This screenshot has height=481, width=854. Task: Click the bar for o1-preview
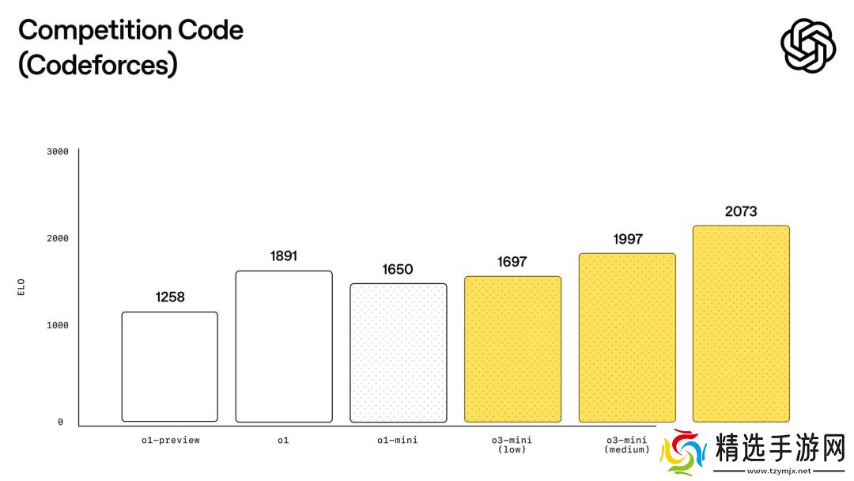(169, 366)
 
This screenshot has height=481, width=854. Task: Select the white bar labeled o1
(284, 347)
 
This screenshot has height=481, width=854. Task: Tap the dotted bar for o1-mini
(399, 353)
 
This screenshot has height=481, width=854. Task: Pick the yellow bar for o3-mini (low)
(512, 349)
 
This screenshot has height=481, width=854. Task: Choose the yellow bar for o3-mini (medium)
(627, 338)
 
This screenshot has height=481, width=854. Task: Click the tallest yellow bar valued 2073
(741, 324)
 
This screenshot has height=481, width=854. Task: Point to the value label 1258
(170, 297)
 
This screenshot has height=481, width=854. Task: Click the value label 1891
(284, 256)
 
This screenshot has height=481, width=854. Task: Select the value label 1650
(398, 270)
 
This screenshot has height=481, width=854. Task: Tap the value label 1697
(512, 262)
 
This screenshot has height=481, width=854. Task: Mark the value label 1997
(627, 239)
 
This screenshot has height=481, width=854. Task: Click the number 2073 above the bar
(741, 211)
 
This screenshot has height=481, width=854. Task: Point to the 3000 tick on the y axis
(58, 151)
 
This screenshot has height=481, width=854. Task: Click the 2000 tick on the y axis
(58, 238)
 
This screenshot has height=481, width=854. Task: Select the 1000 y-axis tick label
(58, 325)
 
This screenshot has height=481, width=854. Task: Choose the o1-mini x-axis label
(398, 440)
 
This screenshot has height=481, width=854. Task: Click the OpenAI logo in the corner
(807, 45)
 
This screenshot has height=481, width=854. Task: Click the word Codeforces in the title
(97, 65)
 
